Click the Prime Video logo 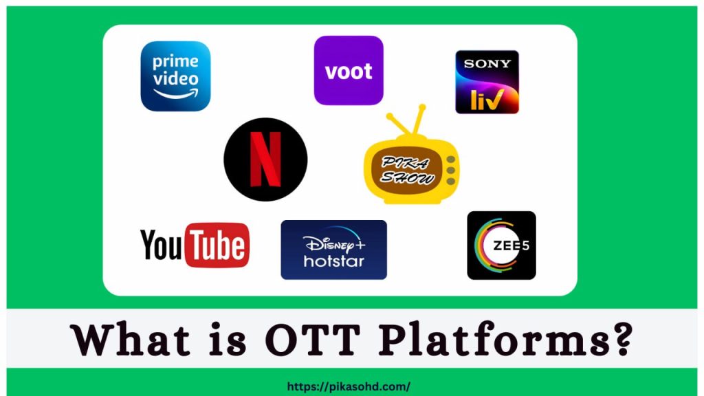[x=175, y=76]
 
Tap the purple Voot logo [x=349, y=70]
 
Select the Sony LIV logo [x=487, y=82]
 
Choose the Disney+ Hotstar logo [x=333, y=250]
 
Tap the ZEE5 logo [x=501, y=245]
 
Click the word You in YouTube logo [x=163, y=245]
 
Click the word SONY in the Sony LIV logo [x=487, y=64]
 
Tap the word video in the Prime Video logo [x=175, y=78]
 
